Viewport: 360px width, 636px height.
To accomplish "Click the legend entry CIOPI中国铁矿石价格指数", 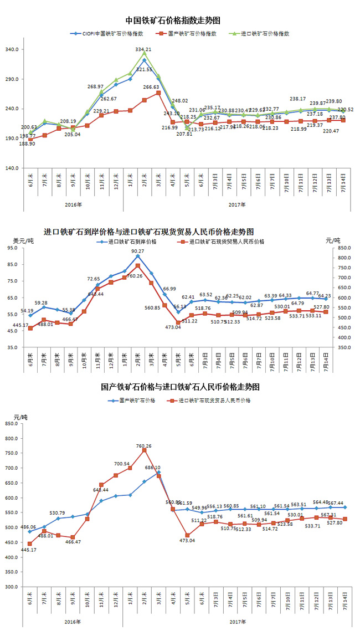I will click(x=106, y=33).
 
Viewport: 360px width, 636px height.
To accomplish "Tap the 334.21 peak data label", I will click(x=144, y=49).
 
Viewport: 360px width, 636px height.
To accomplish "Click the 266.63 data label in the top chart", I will click(x=151, y=87).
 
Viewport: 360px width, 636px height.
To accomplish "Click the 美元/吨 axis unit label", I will click(x=23, y=240).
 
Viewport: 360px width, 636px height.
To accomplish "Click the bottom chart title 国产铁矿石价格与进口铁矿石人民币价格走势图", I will click(x=180, y=387).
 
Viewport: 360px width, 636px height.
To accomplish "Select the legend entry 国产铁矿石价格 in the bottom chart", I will click(x=137, y=400).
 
